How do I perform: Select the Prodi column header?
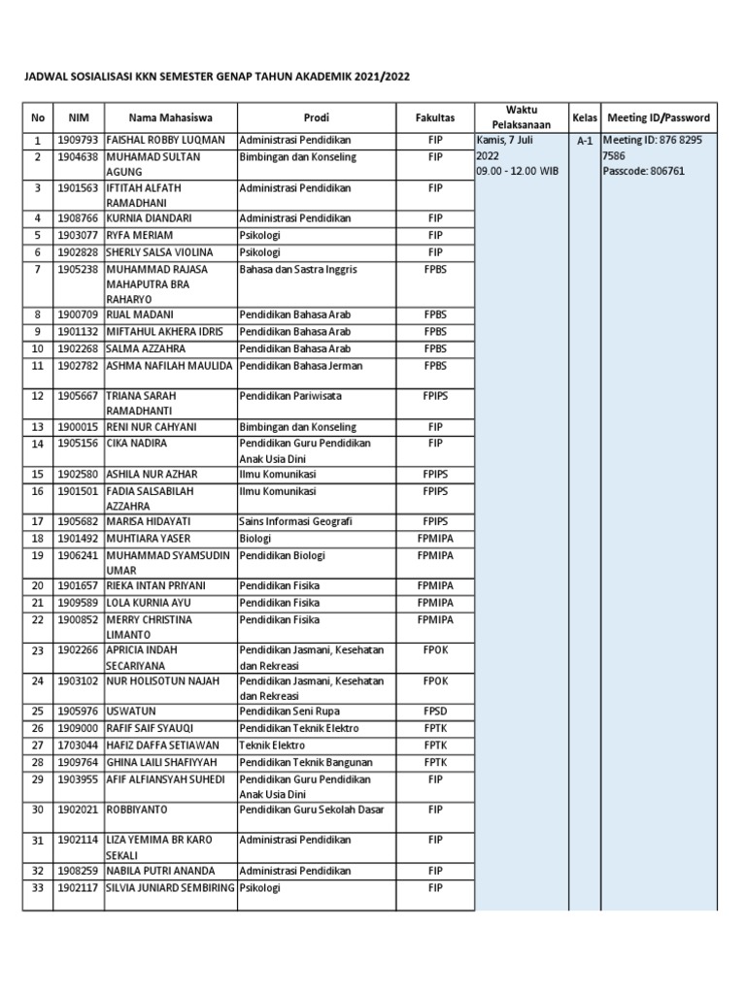pyautogui.click(x=316, y=117)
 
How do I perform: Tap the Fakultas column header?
pyautogui.click(x=434, y=117)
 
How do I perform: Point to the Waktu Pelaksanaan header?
pyautogui.click(x=522, y=116)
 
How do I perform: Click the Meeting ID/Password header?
pyautogui.click(x=658, y=117)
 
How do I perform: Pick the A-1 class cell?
pyautogui.click(x=585, y=142)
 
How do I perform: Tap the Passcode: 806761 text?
pyautogui.click(x=644, y=172)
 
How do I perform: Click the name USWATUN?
pyautogui.click(x=132, y=712)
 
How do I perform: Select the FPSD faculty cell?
pyautogui.click(x=434, y=712)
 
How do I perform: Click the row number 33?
pyautogui.click(x=38, y=887)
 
